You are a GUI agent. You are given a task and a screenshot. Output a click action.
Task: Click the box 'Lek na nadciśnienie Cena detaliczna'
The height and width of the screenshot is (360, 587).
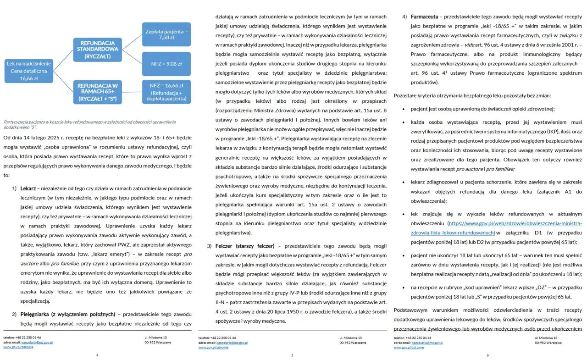[29, 71]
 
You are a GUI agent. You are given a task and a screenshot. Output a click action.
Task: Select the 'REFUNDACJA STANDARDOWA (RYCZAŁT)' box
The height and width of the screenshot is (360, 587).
[98, 49]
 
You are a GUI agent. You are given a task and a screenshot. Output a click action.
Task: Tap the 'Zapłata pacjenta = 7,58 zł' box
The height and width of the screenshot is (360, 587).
[166, 34]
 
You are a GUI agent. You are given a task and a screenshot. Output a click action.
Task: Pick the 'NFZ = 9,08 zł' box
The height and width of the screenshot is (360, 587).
[166, 64]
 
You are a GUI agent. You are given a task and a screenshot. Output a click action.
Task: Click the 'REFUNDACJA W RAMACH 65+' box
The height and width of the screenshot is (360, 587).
[98, 92]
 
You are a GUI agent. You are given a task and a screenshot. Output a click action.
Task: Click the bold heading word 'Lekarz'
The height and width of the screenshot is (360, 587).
[28, 188]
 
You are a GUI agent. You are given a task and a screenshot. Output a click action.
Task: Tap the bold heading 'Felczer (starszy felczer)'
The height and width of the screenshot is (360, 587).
[245, 246]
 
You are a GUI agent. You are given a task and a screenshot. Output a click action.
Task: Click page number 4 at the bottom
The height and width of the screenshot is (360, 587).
[97, 354]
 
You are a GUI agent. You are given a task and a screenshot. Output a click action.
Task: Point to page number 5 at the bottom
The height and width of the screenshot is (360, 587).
[292, 354]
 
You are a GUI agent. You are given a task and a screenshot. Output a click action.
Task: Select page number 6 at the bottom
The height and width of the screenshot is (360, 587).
[487, 354]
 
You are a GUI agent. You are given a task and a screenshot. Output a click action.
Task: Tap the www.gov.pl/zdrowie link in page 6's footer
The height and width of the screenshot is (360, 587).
[408, 347]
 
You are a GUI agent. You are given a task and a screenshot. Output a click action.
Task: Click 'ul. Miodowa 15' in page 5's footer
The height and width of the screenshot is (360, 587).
[350, 338]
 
